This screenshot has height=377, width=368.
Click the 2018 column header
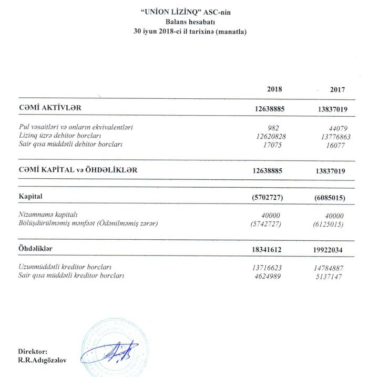pos(274,89)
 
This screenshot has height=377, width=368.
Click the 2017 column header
pos(338,89)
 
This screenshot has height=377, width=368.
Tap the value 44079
pos(337,128)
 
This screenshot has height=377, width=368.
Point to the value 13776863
pos(334,136)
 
